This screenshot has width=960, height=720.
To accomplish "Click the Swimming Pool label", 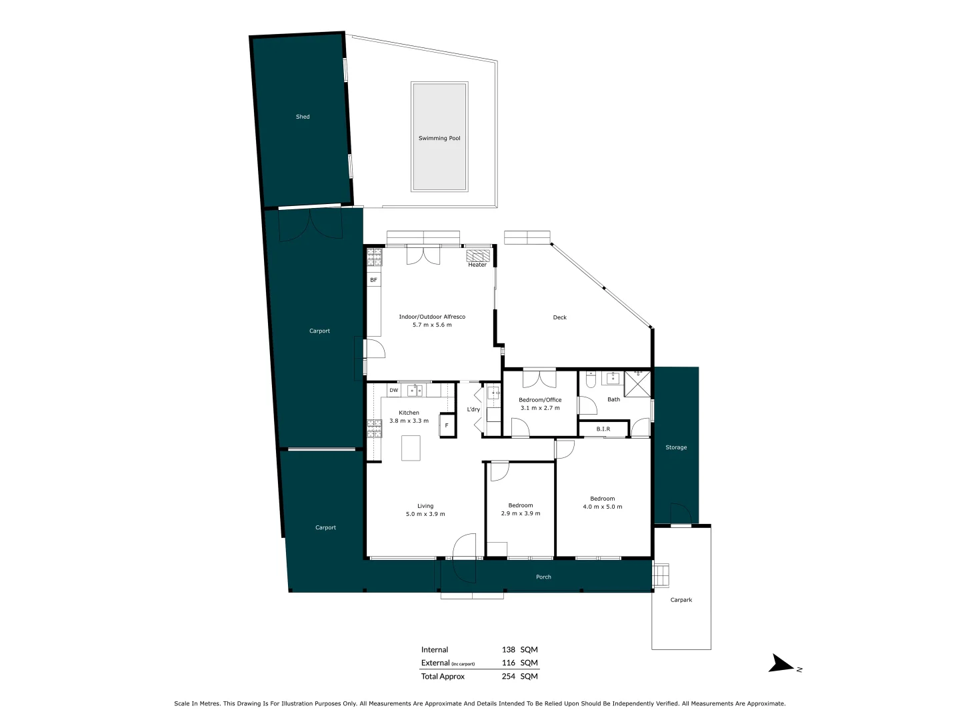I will click(439, 138).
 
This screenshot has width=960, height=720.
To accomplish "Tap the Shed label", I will click(303, 117).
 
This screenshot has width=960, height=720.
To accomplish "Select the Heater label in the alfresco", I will click(477, 265).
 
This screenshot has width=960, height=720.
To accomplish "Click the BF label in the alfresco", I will click(373, 280).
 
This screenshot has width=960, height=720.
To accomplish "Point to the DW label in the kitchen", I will click(393, 390).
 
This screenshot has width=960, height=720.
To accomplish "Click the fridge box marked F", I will click(447, 425).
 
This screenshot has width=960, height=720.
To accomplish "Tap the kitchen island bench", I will click(411, 448).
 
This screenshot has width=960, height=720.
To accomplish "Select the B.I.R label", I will click(603, 429).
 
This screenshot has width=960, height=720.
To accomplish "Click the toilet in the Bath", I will click(591, 380).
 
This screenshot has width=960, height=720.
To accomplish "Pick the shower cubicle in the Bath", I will click(637, 384).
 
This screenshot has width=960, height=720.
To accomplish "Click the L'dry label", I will click(473, 409).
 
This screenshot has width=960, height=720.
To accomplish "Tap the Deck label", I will click(560, 317).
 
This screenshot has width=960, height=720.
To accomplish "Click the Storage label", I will click(676, 447).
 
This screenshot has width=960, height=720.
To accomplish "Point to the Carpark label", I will click(681, 600).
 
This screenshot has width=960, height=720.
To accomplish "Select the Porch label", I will click(543, 577).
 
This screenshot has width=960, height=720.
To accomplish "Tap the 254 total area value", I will click(509, 676).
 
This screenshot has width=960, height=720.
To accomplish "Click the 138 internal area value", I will click(509, 649).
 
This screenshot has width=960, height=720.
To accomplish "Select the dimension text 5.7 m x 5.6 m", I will click(432, 325).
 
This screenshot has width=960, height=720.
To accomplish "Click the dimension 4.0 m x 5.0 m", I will click(603, 507).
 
